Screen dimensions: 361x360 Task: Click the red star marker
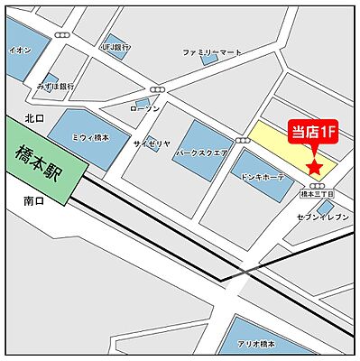click(x=314, y=167)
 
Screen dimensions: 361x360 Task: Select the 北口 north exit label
click(x=34, y=117)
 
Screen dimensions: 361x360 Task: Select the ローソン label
click(x=144, y=108)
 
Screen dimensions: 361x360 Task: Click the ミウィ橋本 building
click(x=89, y=134)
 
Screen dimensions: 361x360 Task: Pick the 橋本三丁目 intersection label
click(x=317, y=193)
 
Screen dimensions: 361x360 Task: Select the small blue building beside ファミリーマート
click(x=209, y=60)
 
